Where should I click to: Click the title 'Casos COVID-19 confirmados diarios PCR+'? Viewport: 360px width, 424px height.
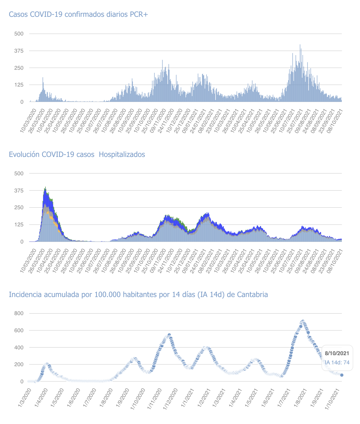click(x=78, y=14)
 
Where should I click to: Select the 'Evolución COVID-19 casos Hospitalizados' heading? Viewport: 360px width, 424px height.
click(x=77, y=154)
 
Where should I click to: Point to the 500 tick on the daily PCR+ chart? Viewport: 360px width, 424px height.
click(x=19, y=34)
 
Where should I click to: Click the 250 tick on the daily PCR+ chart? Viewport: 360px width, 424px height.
click(x=19, y=68)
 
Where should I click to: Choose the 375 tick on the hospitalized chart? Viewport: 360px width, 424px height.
click(x=19, y=191)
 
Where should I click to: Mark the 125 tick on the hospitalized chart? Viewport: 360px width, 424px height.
click(x=19, y=225)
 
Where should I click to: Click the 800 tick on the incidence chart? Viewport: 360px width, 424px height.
click(x=19, y=313)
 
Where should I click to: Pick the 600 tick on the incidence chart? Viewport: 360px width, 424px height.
click(x=19, y=330)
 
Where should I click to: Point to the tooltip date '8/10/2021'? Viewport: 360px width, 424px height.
click(x=337, y=353)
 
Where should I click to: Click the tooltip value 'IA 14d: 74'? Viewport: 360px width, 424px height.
click(x=337, y=363)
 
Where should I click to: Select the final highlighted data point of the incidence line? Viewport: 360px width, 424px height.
click(x=342, y=375)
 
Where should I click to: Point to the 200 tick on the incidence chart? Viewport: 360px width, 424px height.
click(x=19, y=365)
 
